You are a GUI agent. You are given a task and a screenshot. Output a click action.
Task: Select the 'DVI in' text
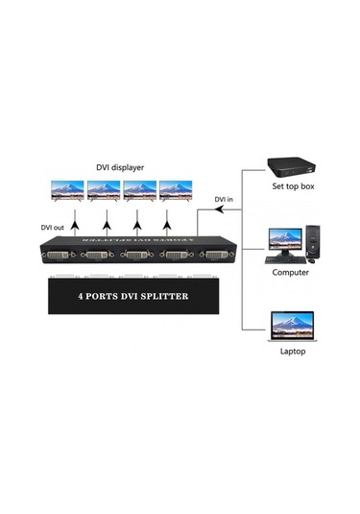pyautogui.click(x=223, y=200)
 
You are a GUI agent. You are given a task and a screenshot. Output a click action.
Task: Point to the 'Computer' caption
pyautogui.click(x=291, y=273)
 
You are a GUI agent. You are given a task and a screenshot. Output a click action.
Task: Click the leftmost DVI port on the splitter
pyautogui.click(x=59, y=256)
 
